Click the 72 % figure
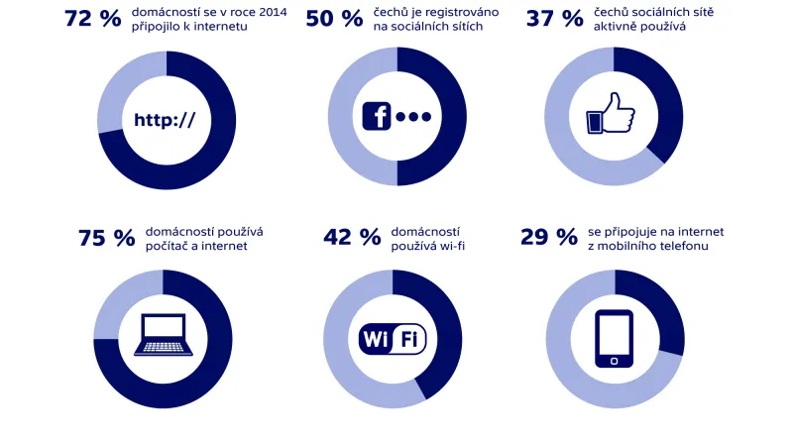pos(92,19)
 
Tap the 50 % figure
pos(333,19)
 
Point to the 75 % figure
pos(106,238)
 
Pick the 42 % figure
pos(352,238)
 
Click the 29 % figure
pos(548,238)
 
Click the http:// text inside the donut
pos(165,120)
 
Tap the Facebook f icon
pos(377,116)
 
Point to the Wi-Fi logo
pos(393,339)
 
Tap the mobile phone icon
pos(615,339)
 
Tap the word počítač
pos(169,247)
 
